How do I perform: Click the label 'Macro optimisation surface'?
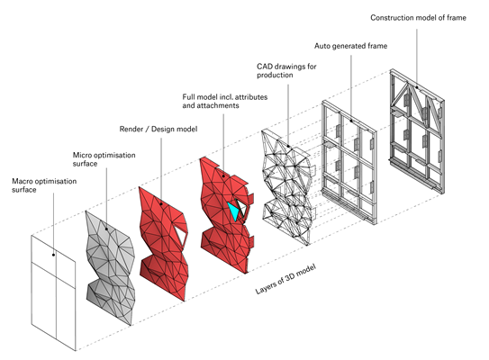click(x=44, y=185)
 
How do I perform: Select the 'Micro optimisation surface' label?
click(x=104, y=159)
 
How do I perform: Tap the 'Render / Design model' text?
click(x=158, y=129)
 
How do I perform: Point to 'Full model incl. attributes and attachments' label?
click(x=225, y=102)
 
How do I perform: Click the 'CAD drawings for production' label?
click(x=286, y=71)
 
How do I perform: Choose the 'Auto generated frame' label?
click(x=351, y=46)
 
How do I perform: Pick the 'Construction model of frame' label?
click(x=418, y=18)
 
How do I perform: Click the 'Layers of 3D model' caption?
click(x=285, y=279)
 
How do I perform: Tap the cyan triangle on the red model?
click(x=233, y=211)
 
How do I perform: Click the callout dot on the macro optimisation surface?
click(x=54, y=255)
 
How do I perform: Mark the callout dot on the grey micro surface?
click(x=106, y=229)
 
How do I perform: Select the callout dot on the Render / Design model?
click(x=161, y=203)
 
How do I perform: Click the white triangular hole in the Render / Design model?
click(x=181, y=234)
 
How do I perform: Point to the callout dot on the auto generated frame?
click(x=351, y=121)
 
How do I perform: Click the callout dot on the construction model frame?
click(x=417, y=87)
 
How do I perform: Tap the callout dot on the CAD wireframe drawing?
click(x=288, y=146)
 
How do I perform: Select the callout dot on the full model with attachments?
click(x=223, y=176)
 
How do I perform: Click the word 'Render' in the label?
click(x=131, y=129)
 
